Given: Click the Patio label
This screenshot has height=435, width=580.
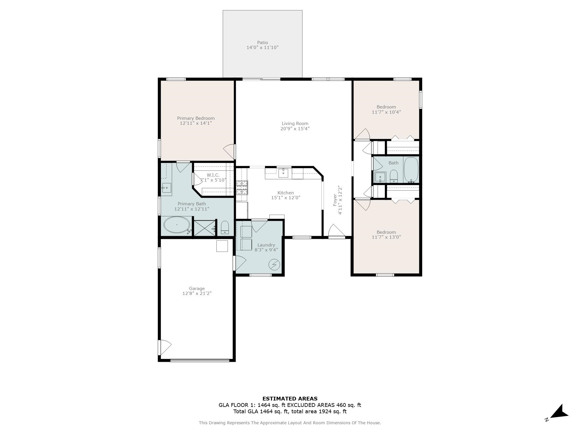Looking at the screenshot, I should (262, 43).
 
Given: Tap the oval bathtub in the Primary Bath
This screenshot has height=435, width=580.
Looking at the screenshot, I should (177, 225).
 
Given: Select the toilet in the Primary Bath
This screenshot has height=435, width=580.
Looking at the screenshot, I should (225, 227).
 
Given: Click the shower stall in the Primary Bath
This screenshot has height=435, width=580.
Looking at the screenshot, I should (204, 228).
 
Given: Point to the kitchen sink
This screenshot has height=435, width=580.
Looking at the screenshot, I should (283, 173).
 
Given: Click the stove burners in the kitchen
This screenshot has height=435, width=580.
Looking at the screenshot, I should (242, 187).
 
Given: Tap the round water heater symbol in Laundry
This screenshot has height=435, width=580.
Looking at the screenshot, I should (274, 264).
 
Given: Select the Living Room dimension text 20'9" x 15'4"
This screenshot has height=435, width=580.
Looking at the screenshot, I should (295, 128).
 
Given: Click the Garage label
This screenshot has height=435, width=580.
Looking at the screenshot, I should (197, 288).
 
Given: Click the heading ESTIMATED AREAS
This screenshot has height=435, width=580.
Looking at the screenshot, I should (290, 398).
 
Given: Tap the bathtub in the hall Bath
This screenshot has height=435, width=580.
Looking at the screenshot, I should (411, 170).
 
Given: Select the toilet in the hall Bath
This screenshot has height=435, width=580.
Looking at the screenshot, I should (394, 176).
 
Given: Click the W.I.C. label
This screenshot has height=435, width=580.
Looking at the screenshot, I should (213, 175).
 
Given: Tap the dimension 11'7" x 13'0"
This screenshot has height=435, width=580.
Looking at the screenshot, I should (386, 237).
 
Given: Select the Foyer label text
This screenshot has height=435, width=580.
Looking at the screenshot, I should (335, 200).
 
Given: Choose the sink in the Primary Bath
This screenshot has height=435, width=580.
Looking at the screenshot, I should (166, 188).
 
